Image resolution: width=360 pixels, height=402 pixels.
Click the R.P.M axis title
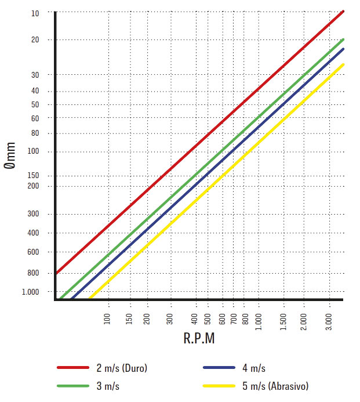pos(199,338)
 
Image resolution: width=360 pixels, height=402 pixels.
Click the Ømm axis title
pos(10,155)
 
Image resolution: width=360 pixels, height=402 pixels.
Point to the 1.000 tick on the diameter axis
pos(30,292)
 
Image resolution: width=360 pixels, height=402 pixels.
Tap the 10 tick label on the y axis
pos(35,13)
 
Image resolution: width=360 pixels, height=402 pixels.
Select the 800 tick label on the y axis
pos(33,273)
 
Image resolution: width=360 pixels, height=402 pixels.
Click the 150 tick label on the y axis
pos(33,175)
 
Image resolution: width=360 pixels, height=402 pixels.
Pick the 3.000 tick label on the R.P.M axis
pos(329,322)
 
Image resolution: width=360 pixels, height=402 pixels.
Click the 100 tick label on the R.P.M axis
pos(107,318)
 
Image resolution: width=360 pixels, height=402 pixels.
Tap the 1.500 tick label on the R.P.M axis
pos(283,322)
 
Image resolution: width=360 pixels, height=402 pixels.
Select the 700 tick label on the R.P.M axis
pos(234,318)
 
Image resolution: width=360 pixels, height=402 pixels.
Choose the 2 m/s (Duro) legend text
pos(122,368)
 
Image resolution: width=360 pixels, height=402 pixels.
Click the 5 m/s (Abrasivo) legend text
pos(275,386)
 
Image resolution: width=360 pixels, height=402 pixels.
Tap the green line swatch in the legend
pos(73,386)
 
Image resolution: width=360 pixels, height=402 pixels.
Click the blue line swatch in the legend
pos(219,367)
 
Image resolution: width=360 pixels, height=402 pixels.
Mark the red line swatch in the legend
pos(73,367)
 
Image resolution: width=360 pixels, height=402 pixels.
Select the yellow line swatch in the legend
pos(219,386)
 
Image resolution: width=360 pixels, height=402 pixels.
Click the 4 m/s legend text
pos(254,368)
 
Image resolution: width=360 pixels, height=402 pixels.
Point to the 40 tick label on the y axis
pos(35,90)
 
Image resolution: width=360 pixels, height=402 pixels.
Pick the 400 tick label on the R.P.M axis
pos(194,318)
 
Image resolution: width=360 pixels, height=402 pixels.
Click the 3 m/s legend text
pos(108,386)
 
